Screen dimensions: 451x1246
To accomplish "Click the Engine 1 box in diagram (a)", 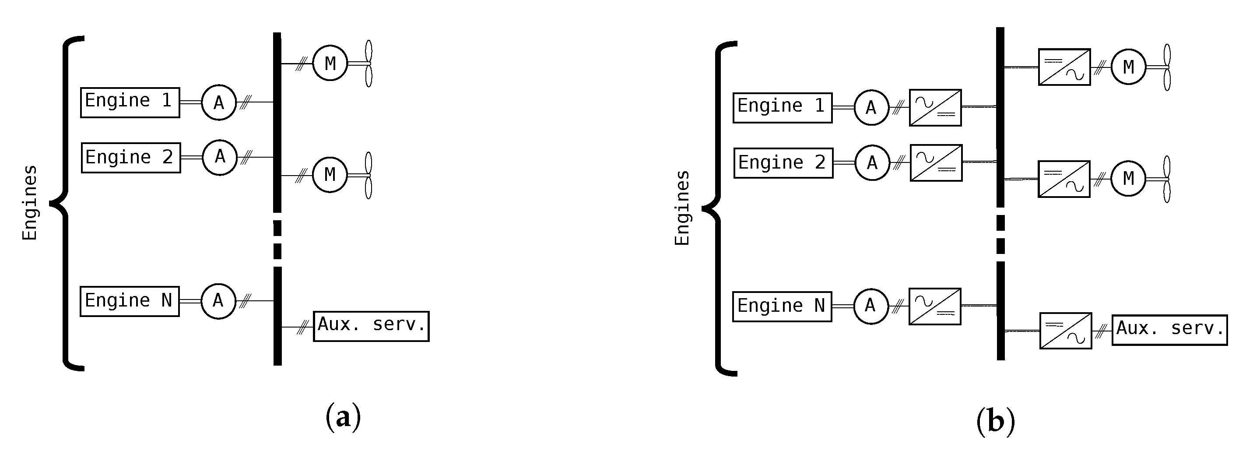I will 130,102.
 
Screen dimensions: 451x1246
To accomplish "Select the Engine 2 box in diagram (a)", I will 130,158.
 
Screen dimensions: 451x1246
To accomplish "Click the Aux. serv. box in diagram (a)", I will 371,326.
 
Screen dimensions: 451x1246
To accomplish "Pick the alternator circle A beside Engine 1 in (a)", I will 219,102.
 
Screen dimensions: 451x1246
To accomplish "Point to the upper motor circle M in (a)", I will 330,63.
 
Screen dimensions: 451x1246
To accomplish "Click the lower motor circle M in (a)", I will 330,174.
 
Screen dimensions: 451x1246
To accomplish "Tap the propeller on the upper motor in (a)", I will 368,63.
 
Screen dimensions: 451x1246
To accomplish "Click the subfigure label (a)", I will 344,417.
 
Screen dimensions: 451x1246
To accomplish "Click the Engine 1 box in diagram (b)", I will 782,107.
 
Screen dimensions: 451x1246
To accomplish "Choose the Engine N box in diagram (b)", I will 782,307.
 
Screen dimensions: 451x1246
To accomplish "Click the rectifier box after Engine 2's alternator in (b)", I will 936,162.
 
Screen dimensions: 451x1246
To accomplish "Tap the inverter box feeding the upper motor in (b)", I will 1064,67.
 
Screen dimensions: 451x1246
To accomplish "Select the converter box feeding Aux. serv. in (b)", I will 1066,331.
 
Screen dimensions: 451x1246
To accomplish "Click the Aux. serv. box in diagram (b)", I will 1169,330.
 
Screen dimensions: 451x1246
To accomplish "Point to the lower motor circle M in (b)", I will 1128,179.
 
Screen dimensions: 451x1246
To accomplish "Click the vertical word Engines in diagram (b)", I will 681,208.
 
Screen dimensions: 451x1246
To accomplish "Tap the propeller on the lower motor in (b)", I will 1166,179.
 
